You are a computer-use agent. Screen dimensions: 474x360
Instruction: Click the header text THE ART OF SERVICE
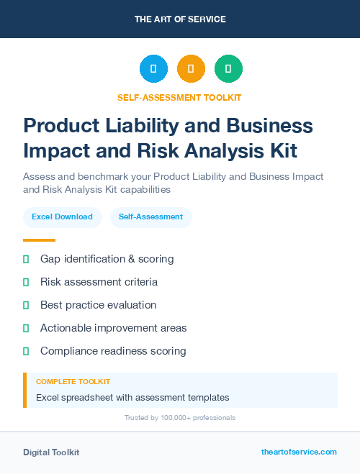tap(180, 19)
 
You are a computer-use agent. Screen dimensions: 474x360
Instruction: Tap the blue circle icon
tap(153, 69)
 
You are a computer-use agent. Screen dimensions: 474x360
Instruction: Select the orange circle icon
tap(191, 69)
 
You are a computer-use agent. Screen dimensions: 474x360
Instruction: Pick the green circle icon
tap(228, 69)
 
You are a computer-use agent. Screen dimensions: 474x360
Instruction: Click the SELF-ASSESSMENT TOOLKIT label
tap(180, 98)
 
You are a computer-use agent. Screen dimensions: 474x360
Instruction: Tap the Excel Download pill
tap(62, 217)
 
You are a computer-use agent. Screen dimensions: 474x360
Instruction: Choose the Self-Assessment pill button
tap(150, 217)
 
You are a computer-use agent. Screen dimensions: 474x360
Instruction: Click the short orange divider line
tap(39, 240)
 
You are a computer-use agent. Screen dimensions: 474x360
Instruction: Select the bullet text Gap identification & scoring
tap(107, 259)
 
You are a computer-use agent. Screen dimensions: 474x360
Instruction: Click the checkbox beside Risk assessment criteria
tap(26, 282)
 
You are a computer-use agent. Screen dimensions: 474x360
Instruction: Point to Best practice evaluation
tap(98, 305)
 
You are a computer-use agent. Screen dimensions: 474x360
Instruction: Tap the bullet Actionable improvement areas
tap(113, 328)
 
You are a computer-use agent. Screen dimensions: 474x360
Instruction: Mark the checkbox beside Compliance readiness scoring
tap(26, 351)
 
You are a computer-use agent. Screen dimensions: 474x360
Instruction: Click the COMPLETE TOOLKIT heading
tap(73, 382)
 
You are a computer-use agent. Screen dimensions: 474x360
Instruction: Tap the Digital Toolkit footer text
tap(51, 452)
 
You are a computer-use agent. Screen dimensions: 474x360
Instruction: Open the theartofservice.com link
tap(299, 452)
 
